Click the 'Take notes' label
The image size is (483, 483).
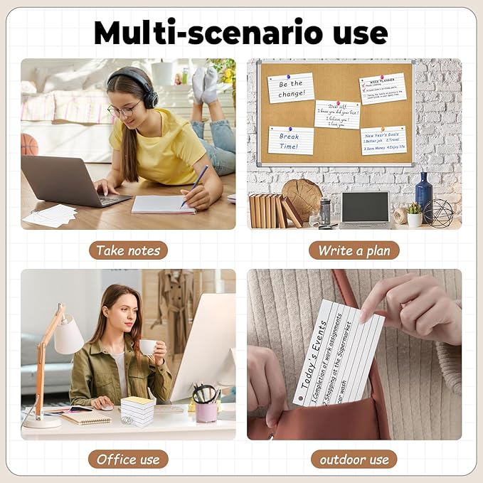point(128,250)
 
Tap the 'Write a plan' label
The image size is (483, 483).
point(354,250)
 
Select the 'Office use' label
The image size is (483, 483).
point(128,460)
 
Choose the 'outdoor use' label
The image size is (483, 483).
point(354,460)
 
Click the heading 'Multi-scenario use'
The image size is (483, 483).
point(241,33)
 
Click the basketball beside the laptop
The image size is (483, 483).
point(29,144)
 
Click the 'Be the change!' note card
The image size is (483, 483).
point(290,87)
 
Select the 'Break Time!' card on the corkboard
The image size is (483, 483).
point(290,140)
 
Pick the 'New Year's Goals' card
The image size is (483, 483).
point(383,139)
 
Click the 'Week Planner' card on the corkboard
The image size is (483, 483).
point(382,88)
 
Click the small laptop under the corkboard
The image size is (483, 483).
point(364,208)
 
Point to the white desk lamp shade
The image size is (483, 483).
point(69,336)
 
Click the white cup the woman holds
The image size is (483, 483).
point(148,347)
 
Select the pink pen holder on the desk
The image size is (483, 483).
point(206,412)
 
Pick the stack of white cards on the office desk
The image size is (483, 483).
point(137,410)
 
